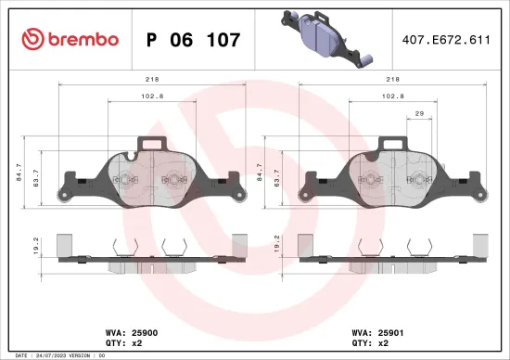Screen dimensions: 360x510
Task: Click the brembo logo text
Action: (x=83, y=39)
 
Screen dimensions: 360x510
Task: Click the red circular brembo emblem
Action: (x=32, y=39)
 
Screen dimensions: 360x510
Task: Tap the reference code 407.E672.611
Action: (x=440, y=39)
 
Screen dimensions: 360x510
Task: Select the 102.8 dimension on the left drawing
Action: (x=150, y=96)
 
